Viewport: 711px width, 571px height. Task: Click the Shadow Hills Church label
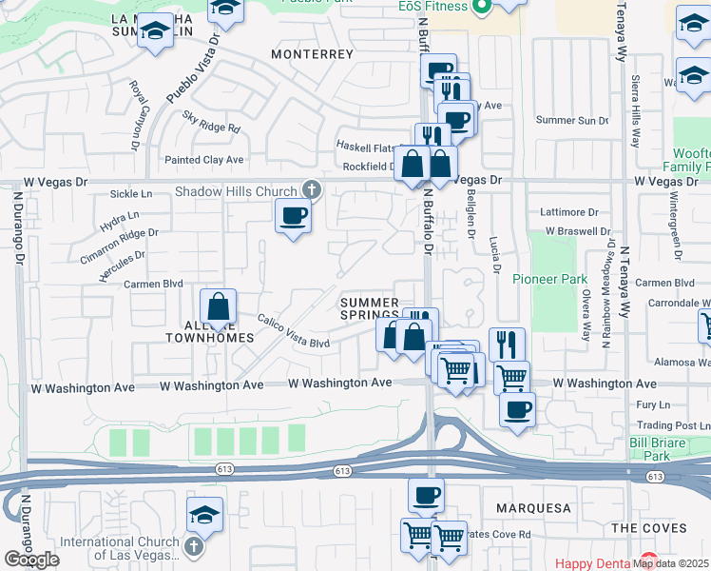(x=236, y=191)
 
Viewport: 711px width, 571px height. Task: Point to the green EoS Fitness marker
(x=482, y=7)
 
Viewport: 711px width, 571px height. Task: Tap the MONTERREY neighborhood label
(x=312, y=54)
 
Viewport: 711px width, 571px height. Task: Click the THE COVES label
(x=649, y=528)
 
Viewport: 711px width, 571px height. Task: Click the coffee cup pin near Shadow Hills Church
(x=294, y=216)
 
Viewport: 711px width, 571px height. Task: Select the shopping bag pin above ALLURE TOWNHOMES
(x=218, y=307)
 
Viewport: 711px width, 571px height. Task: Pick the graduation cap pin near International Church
(x=204, y=515)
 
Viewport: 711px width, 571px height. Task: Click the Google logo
(x=31, y=560)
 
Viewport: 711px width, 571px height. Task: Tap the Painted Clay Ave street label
(x=204, y=160)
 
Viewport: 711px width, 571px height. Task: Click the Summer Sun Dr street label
(x=571, y=120)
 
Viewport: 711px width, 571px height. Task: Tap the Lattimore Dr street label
(x=568, y=211)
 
